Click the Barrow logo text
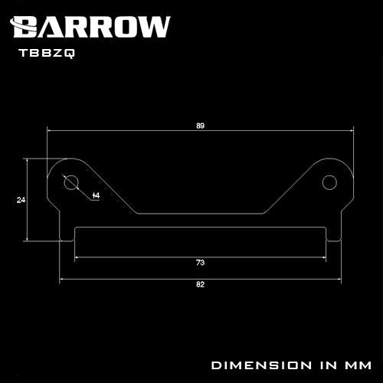click(90, 27)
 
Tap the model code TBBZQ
click(47, 53)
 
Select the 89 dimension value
click(201, 126)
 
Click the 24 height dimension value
click(21, 200)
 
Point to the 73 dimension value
click(201, 263)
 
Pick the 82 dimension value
click(201, 284)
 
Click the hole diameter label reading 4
click(97, 196)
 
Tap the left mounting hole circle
click(71, 182)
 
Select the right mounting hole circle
click(329, 182)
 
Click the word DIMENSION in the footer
click(261, 365)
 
